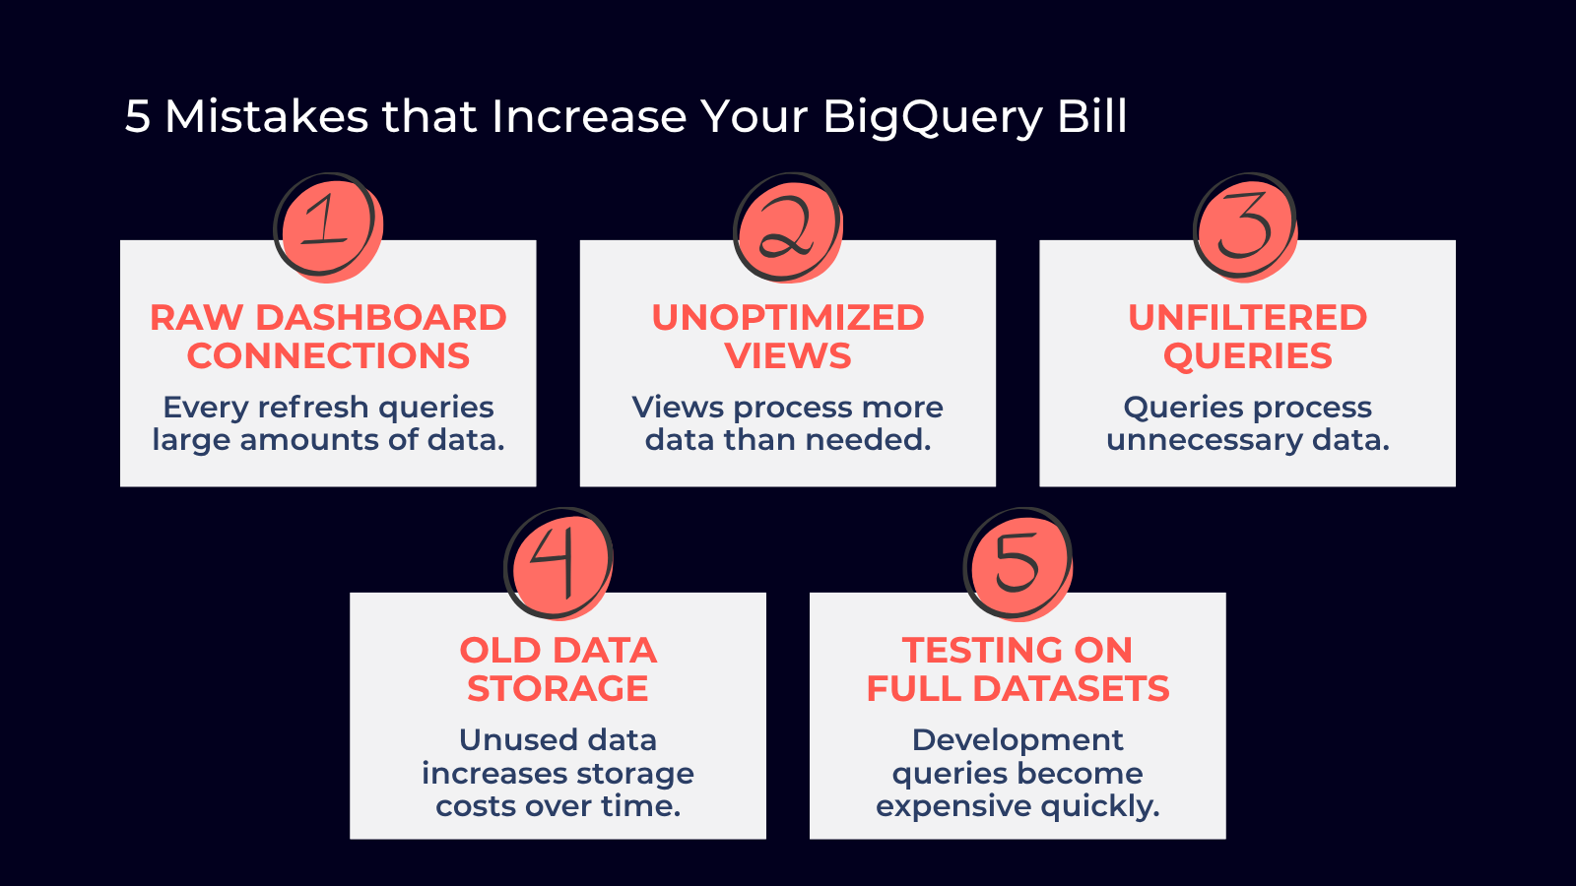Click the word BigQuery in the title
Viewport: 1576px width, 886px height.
click(932, 117)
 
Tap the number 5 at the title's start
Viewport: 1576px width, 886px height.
click(137, 116)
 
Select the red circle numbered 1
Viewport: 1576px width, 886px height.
click(329, 227)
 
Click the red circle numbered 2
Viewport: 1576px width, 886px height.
click(788, 227)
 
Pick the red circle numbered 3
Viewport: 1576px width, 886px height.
click(1247, 227)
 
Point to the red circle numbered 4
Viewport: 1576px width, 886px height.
click(558, 563)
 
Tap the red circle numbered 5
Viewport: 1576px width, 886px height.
click(1018, 563)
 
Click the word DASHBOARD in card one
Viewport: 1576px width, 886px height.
click(380, 318)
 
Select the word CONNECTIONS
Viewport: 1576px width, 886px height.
click(328, 355)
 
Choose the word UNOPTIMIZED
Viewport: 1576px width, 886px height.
click(788, 318)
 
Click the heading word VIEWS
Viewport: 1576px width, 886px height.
click(788, 355)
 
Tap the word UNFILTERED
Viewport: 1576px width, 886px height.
click(1247, 318)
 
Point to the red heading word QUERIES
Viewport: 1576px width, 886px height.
click(1247, 355)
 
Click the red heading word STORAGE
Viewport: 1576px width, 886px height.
click(558, 688)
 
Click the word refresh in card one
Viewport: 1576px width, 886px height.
click(315, 408)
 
